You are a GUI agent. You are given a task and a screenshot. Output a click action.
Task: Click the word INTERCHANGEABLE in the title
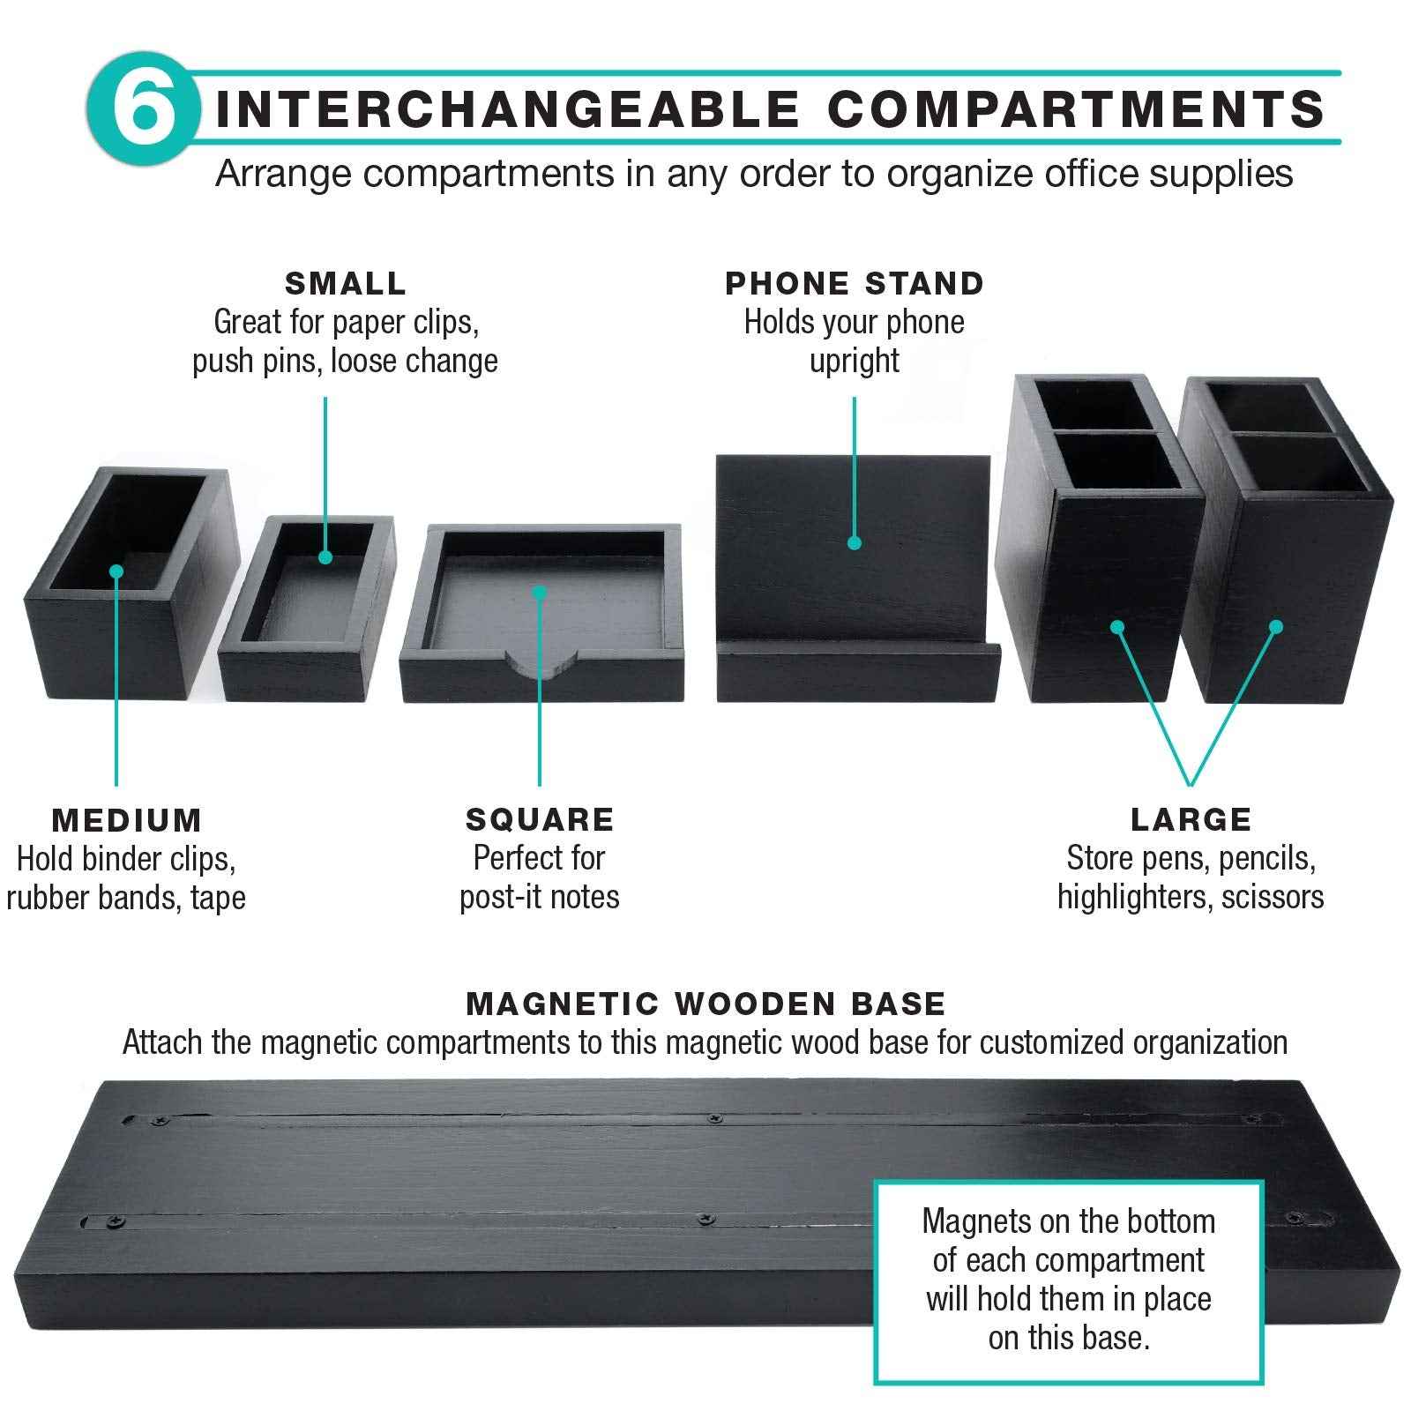[x=507, y=109]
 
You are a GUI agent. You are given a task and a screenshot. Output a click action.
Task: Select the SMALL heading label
[x=346, y=284]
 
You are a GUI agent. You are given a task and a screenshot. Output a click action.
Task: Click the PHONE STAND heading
[x=855, y=284]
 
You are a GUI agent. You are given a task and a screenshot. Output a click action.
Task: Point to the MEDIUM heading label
[x=127, y=820]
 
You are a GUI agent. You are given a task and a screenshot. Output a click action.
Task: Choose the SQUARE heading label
[x=540, y=820]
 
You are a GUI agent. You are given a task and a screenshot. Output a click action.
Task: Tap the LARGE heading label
[x=1191, y=820]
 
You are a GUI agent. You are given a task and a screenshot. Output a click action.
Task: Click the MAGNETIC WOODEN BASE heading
[x=705, y=1004]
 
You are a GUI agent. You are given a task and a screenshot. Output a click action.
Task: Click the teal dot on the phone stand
[x=854, y=543]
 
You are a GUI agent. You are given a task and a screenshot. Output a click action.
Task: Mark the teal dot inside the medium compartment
[x=116, y=571]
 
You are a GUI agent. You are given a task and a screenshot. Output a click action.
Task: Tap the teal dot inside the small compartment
[x=325, y=557]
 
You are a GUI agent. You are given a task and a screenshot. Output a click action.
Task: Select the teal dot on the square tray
[x=540, y=592]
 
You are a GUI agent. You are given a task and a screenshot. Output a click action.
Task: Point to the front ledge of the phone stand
[x=857, y=674]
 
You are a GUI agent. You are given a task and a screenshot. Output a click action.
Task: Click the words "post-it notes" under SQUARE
[x=540, y=897]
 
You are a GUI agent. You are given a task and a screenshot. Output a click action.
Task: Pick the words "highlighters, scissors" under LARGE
[x=1191, y=897]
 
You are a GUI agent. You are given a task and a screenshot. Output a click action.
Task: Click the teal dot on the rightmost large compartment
[x=1275, y=627]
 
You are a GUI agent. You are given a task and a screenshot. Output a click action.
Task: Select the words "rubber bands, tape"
[x=127, y=898]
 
